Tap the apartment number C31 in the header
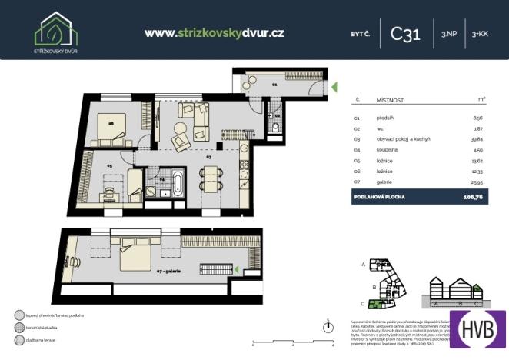(405, 34)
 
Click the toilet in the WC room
(274, 125)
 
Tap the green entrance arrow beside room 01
(334, 88)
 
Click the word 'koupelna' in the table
(386, 149)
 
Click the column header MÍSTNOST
(391, 99)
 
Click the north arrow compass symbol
(328, 323)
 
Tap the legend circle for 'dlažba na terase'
(18, 339)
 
